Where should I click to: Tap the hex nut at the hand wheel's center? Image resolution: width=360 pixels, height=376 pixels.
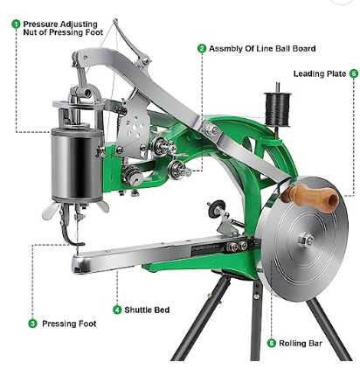(306, 240)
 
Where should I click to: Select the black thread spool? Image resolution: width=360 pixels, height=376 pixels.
(277, 109)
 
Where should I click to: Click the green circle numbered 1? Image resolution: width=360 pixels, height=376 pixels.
(16, 24)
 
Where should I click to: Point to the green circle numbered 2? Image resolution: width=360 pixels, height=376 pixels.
(202, 48)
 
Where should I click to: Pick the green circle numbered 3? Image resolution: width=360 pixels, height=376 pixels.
(32, 324)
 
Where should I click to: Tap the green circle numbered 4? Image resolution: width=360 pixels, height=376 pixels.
(117, 310)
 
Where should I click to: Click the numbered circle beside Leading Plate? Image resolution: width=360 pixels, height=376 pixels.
(354, 73)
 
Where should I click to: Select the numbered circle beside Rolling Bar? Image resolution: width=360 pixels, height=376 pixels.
(272, 343)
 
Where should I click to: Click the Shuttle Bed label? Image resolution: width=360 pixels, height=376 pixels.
(147, 310)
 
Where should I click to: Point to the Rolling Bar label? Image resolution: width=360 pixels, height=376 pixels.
(301, 343)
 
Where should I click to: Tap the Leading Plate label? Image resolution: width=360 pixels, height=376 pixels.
(320, 73)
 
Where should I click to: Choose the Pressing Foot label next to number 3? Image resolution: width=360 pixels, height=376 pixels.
(69, 324)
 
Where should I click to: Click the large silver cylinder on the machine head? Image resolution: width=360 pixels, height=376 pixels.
(77, 164)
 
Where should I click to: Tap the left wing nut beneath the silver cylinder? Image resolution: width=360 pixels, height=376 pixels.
(50, 211)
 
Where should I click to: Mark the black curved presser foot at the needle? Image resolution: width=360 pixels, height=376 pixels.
(71, 236)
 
